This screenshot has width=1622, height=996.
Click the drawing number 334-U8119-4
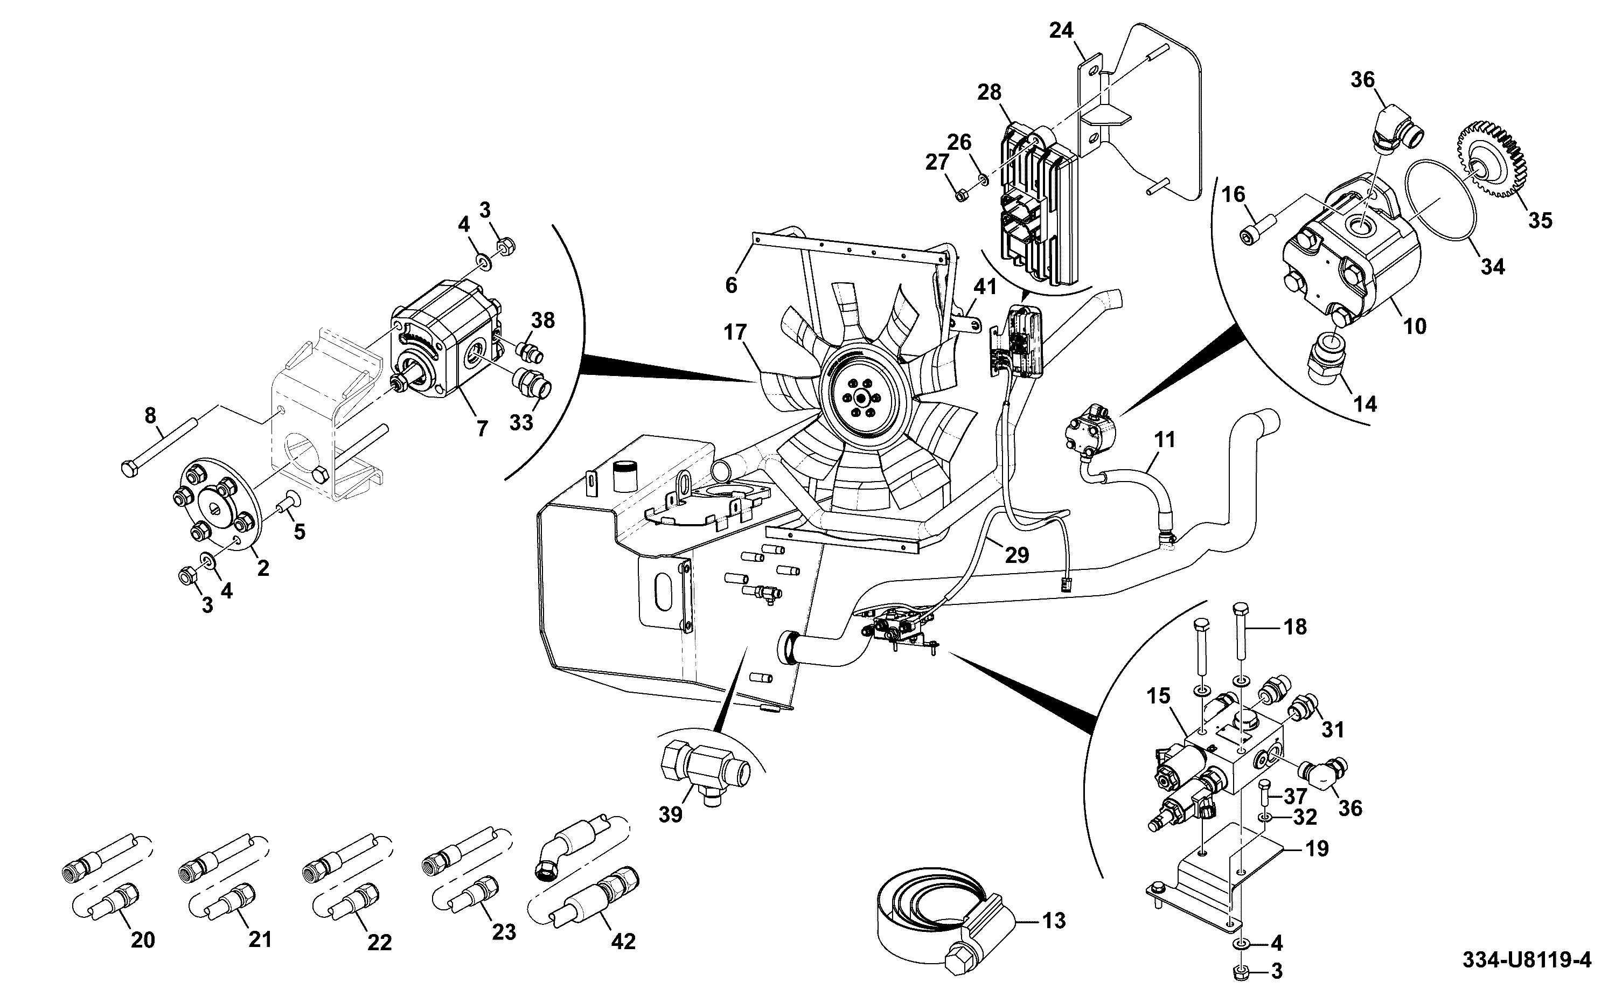coord(1527,960)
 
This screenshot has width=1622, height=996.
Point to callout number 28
coord(990,92)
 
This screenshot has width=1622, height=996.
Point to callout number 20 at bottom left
coord(143,940)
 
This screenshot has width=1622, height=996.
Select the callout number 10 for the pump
coord(1415,326)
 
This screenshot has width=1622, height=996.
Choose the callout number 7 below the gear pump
coord(482,429)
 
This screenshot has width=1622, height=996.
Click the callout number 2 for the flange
coord(263,568)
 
